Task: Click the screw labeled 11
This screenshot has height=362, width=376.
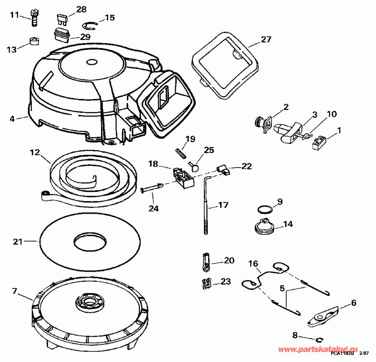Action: tap(35, 18)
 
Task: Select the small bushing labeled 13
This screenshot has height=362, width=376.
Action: tap(35, 42)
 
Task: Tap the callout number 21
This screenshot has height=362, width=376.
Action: tap(17, 241)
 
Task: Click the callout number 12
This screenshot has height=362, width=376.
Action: tap(34, 153)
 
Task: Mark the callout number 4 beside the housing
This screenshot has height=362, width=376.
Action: tap(13, 119)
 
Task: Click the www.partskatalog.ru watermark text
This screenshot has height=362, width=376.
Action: tap(318, 349)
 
